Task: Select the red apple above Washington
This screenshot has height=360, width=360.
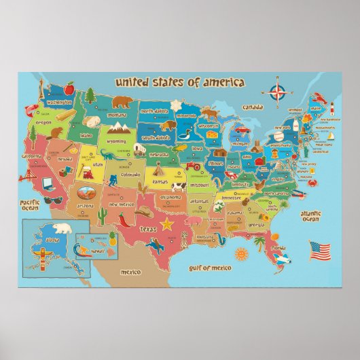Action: click(69, 88)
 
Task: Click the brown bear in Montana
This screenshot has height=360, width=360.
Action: click(123, 103)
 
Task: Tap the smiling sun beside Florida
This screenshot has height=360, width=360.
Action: click(239, 253)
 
